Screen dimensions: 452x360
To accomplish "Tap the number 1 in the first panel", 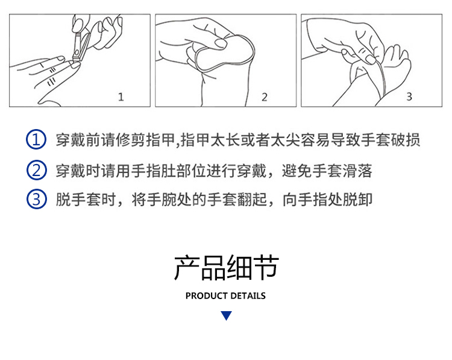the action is point(121,96).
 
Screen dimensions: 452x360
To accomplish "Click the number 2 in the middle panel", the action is point(265,97).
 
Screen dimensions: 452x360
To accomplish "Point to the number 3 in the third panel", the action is point(409,96).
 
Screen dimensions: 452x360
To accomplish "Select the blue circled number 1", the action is point(36,140).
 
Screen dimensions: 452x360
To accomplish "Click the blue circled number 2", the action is point(36,170).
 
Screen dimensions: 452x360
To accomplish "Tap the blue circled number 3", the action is point(36,199).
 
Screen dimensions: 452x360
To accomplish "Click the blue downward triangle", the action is point(226,315).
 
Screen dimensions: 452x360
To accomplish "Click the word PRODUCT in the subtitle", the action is point(207,296).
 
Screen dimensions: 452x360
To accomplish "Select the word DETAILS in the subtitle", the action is point(248,296).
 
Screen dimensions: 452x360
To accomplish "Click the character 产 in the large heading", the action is point(186,267).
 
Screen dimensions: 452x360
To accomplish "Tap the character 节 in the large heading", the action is point(266,267).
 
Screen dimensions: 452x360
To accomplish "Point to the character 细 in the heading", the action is point(239,267).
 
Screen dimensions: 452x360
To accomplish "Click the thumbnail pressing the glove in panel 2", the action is point(221,43).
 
